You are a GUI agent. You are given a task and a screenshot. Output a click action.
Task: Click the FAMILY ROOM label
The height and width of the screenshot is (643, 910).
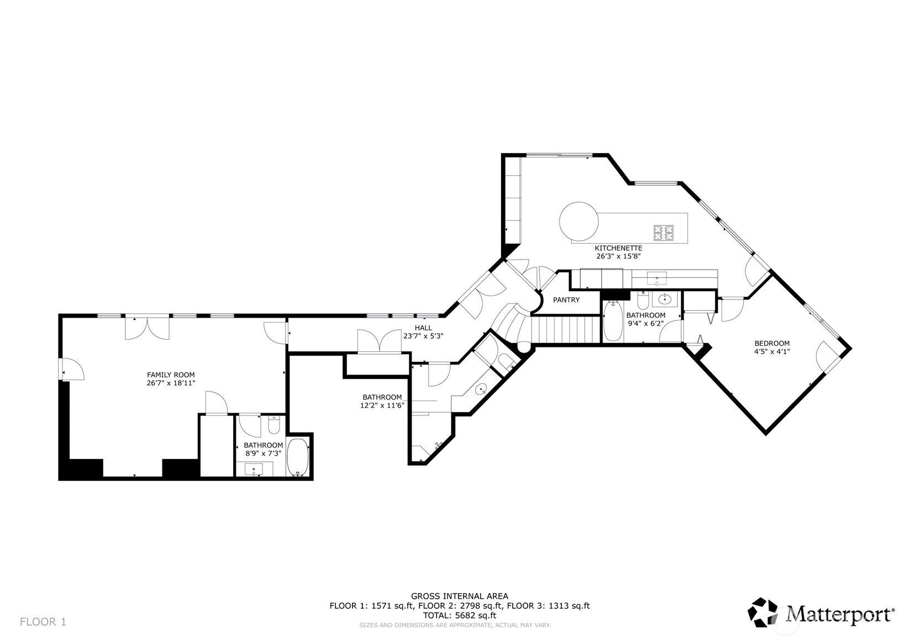[170, 375]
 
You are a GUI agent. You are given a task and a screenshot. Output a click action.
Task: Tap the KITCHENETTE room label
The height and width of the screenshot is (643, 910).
[618, 248]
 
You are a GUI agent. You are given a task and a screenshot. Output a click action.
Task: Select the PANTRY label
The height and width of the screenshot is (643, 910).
[566, 300]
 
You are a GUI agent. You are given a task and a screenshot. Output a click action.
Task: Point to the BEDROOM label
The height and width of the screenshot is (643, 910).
[771, 343]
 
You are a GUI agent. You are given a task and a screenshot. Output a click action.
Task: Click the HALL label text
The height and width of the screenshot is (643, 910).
[423, 328]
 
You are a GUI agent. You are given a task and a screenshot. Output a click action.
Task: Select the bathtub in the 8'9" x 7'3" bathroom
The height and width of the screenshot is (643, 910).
[299, 457]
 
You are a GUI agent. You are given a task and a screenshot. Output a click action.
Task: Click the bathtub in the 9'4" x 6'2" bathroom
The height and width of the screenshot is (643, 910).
[613, 321]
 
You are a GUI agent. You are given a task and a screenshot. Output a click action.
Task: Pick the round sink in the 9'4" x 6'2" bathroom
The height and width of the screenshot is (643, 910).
[664, 299]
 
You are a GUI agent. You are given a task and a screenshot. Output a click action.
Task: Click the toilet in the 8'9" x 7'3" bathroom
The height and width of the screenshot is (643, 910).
[274, 425]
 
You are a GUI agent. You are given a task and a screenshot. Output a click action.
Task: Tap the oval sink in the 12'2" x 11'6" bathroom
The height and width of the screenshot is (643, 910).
[481, 389]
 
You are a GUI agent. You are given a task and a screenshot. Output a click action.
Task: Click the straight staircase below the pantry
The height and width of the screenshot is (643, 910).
[565, 329]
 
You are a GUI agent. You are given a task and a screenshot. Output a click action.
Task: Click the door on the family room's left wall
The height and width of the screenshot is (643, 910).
[71, 370]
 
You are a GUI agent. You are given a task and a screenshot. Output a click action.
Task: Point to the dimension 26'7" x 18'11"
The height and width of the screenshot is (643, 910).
[170, 382]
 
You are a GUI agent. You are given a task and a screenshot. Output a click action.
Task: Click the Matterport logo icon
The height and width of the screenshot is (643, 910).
[764, 612]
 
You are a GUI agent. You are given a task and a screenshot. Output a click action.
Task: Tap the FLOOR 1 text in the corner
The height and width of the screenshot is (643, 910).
[43, 622]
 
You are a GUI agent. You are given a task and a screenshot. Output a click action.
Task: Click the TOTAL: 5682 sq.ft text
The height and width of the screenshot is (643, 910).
[459, 615]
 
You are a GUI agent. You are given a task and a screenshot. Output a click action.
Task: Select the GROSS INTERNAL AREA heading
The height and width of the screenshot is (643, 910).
[459, 595]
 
